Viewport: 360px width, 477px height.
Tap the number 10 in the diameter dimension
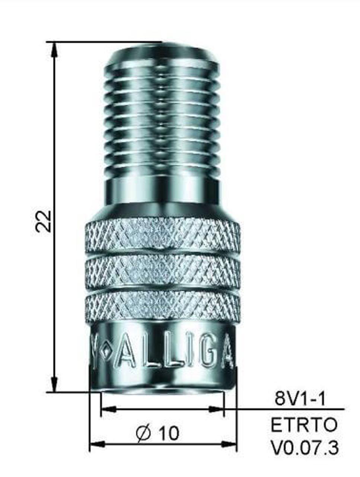click(x=169, y=433)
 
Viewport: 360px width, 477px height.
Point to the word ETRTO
click(x=304, y=425)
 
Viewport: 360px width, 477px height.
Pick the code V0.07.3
click(x=305, y=448)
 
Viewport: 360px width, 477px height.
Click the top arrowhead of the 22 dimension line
click(x=55, y=48)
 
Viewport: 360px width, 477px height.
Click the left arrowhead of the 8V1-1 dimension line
click(x=108, y=409)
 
